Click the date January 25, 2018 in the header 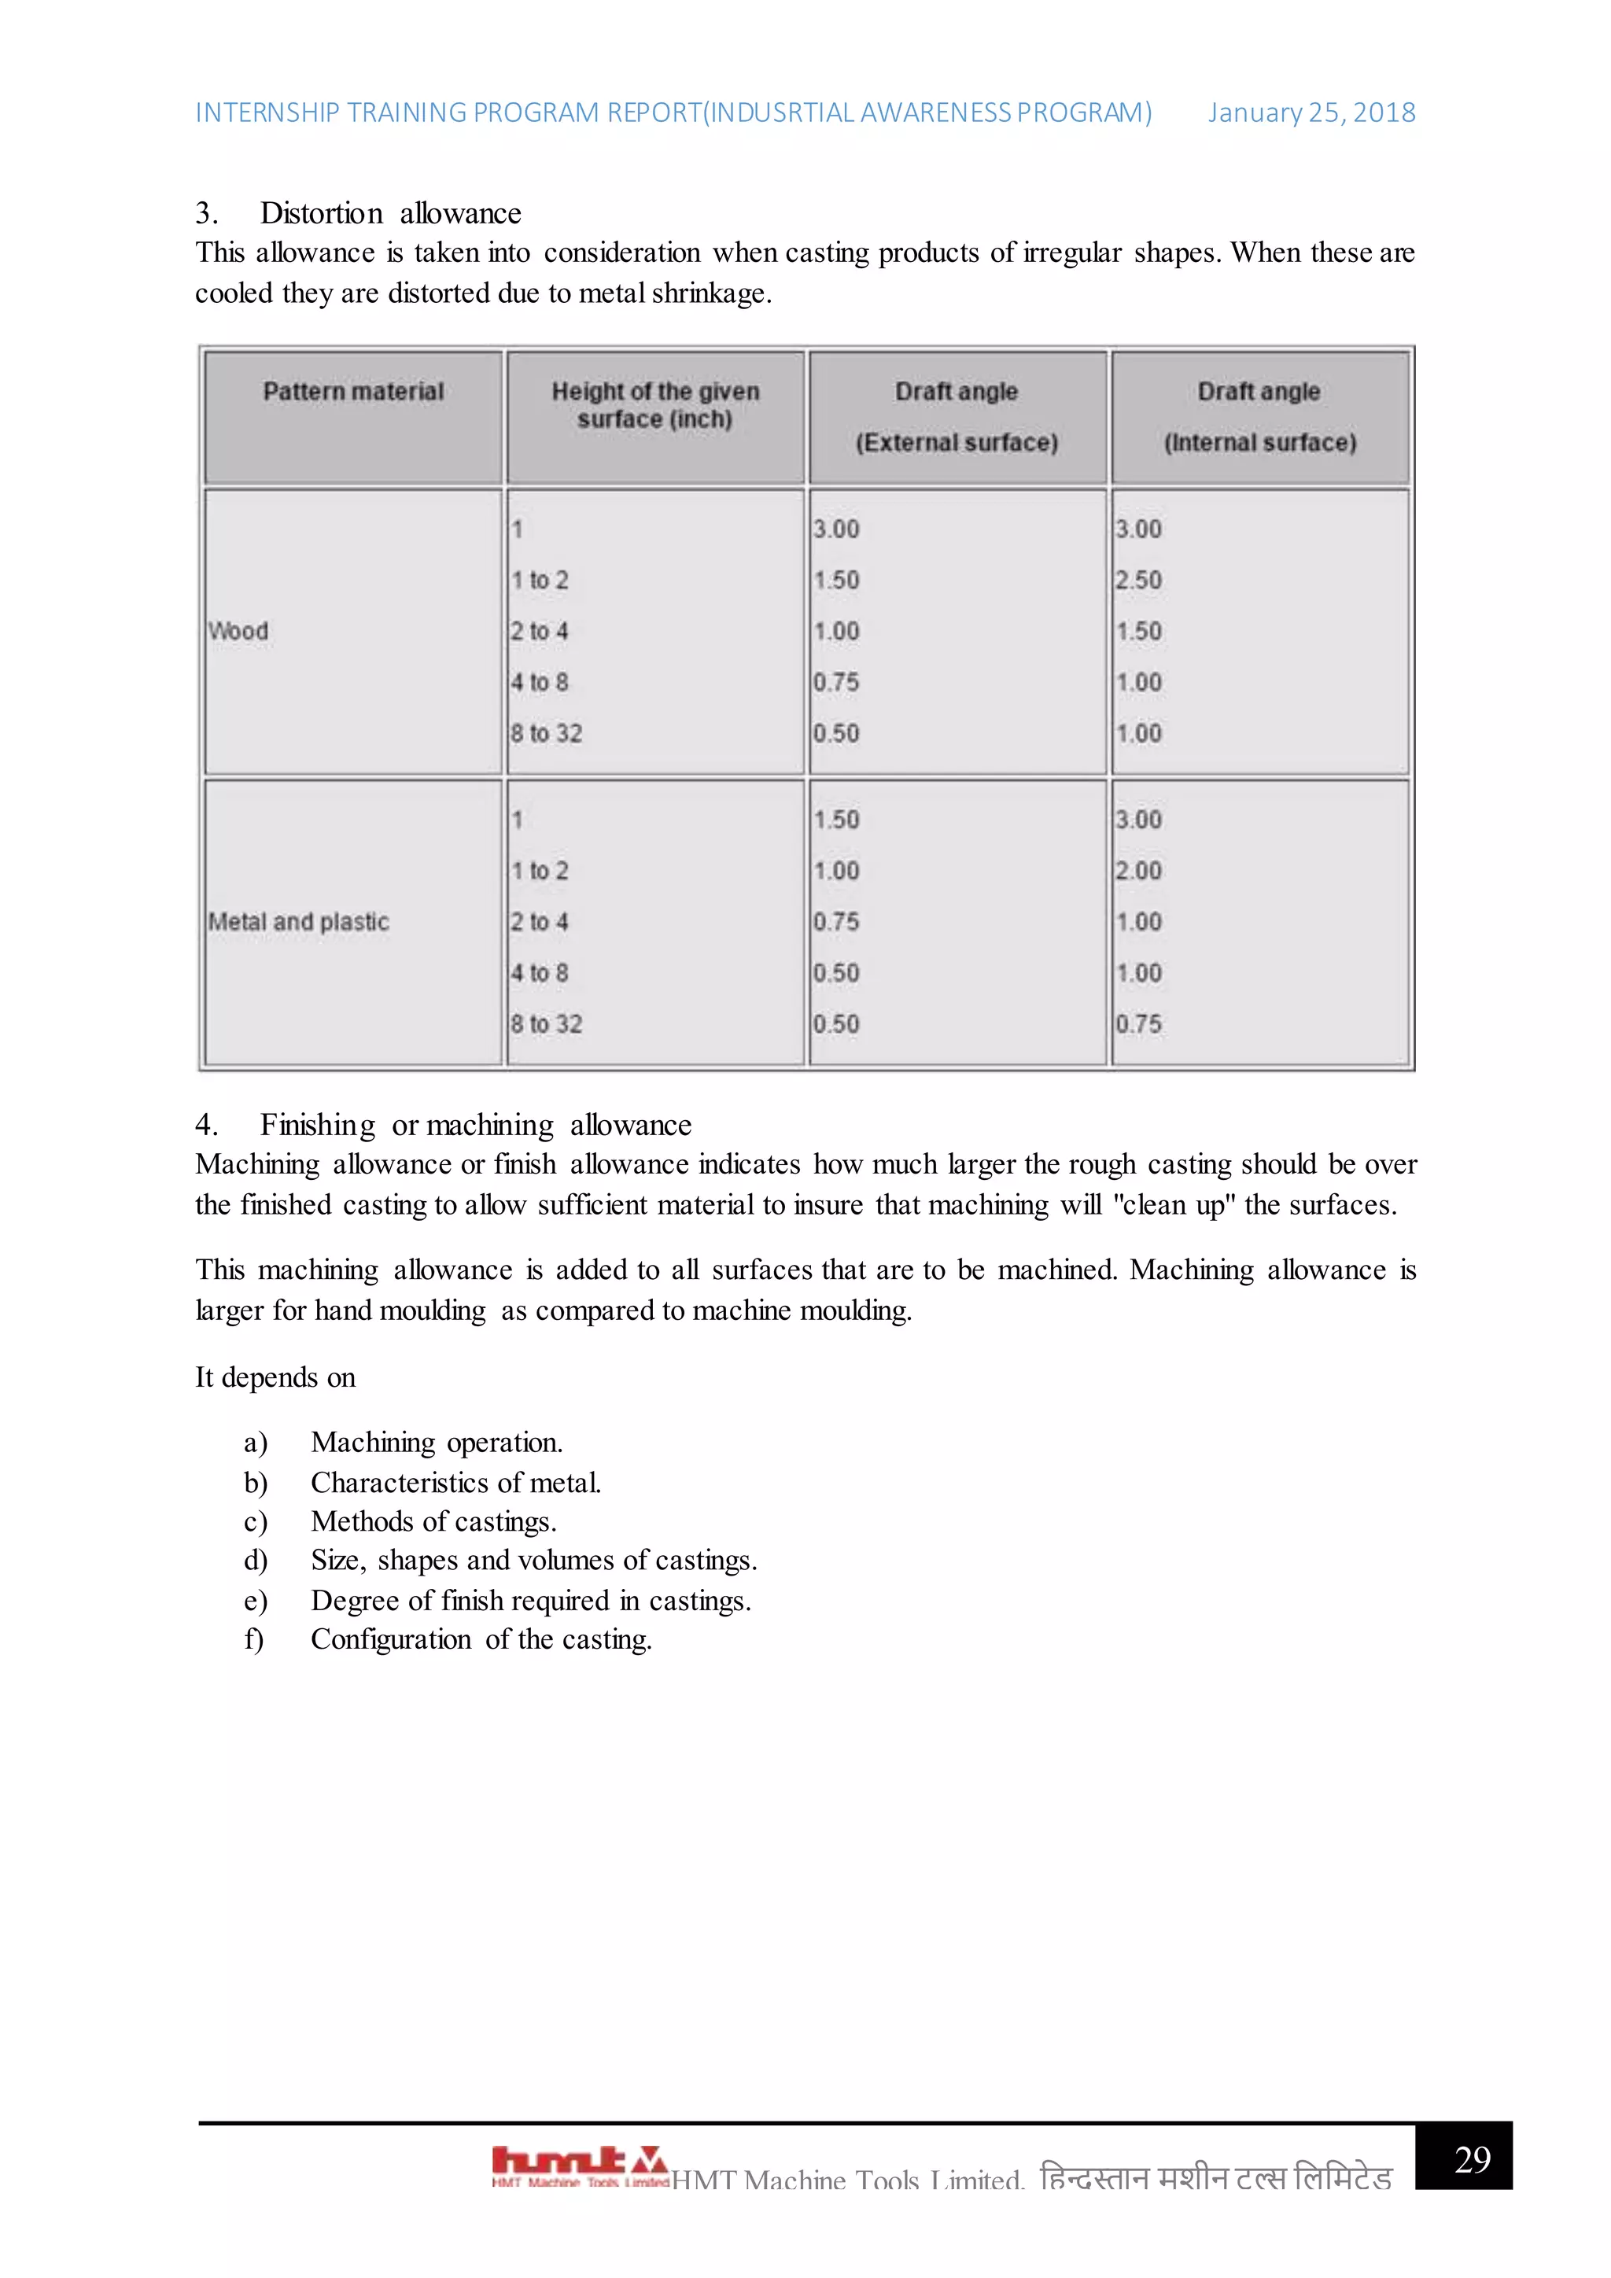click(1311, 113)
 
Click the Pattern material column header click(353, 392)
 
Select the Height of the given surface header click(654, 405)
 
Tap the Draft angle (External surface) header click(957, 417)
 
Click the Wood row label click(238, 631)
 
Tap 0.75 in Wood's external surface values click(835, 683)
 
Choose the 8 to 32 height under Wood click(546, 733)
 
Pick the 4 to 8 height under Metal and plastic click(539, 973)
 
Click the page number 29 click(1471, 2159)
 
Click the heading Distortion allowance click(390, 213)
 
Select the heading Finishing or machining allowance click(475, 1125)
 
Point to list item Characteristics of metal click(455, 1482)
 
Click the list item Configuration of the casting click(481, 1639)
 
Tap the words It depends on click(275, 1377)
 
